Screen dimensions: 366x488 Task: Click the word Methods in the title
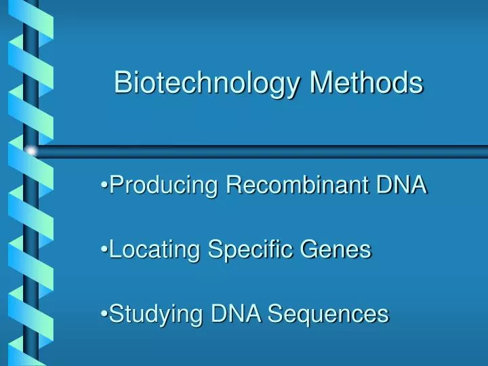367,83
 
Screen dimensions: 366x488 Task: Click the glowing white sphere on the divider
30,150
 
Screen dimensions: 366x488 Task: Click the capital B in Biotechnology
123,83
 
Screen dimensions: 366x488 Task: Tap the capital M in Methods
322,83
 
